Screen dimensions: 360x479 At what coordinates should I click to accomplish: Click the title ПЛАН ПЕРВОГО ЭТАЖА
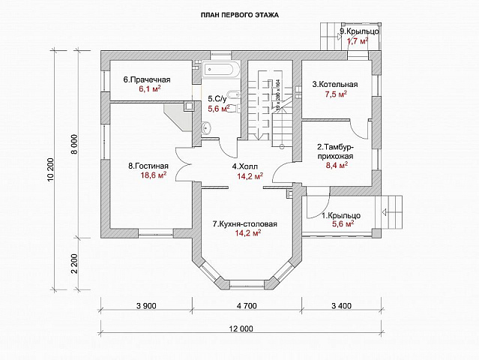pyautogui.click(x=239, y=15)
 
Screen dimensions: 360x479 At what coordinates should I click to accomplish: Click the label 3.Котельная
pyautogui.click(x=335, y=85)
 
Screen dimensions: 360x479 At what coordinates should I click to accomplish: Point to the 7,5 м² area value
pyautogui.click(x=334, y=95)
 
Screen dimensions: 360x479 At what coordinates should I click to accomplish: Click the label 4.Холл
pyautogui.click(x=247, y=166)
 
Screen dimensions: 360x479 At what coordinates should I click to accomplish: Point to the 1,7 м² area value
pyautogui.click(x=358, y=41)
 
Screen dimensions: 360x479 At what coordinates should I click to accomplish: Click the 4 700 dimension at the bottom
pyautogui.click(x=247, y=305)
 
